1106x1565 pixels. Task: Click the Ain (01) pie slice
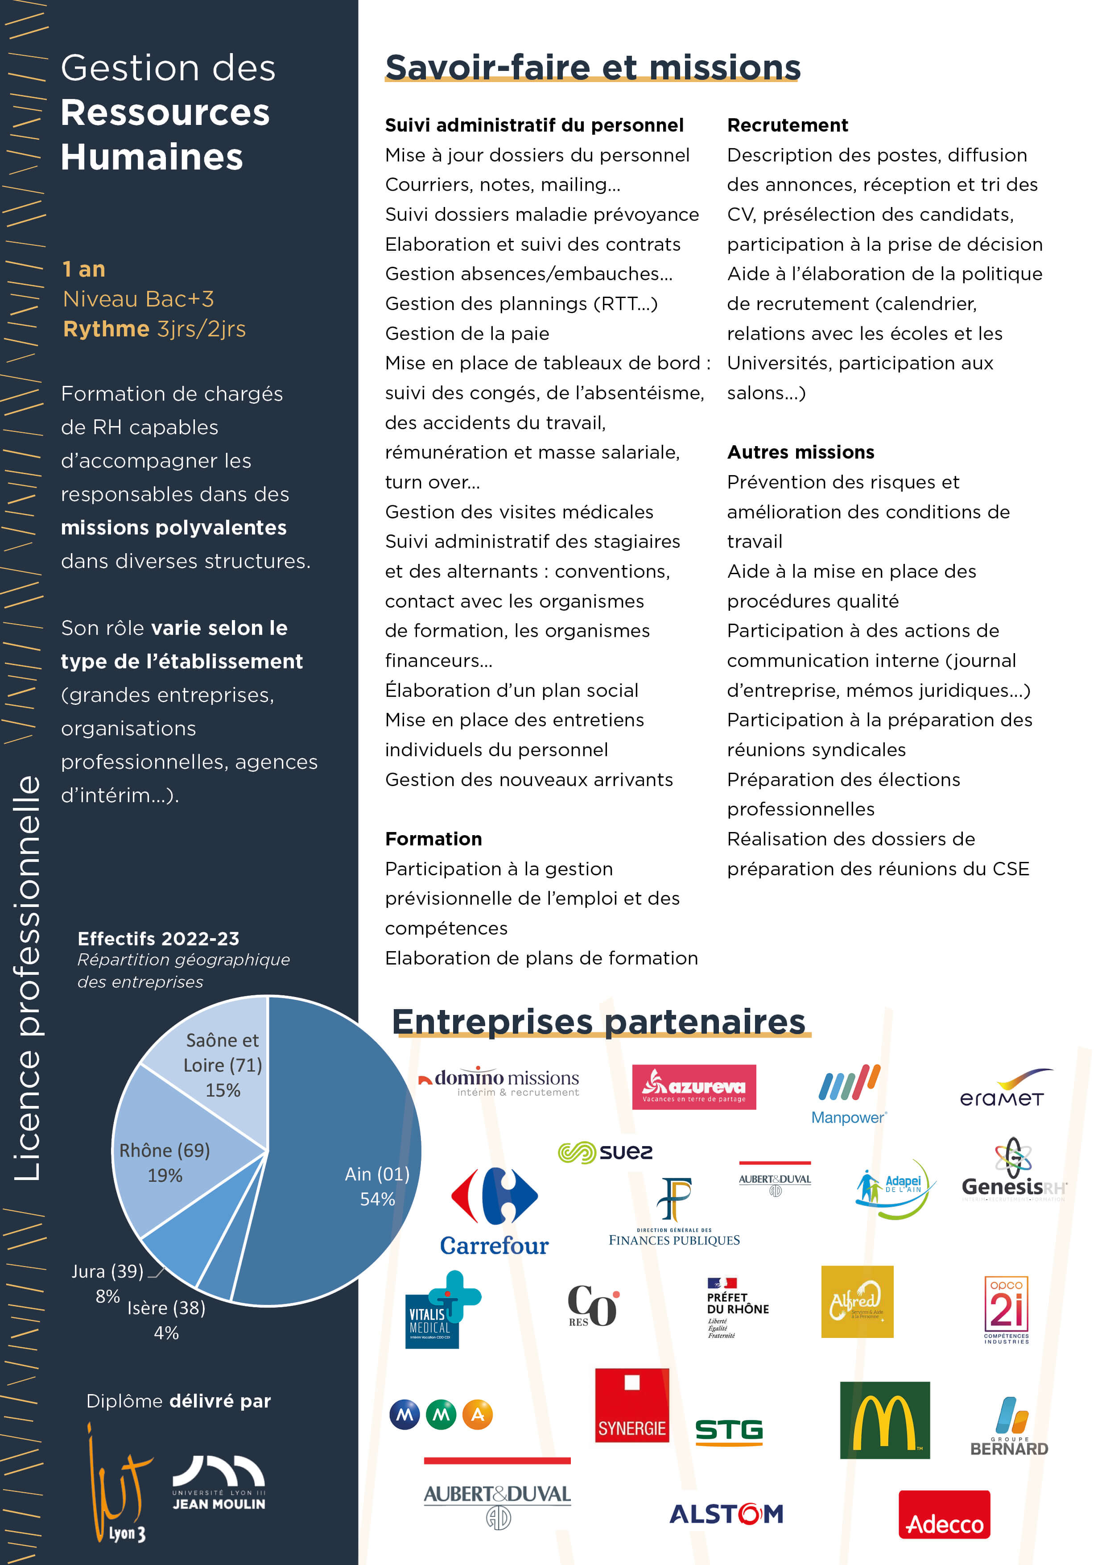click(341, 1159)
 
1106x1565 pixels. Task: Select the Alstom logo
click(726, 1514)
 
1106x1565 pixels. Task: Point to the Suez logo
click(605, 1152)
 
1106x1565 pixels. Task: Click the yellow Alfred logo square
click(857, 1301)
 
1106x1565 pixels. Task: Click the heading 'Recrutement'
click(787, 125)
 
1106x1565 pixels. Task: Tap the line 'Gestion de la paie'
click(467, 333)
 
